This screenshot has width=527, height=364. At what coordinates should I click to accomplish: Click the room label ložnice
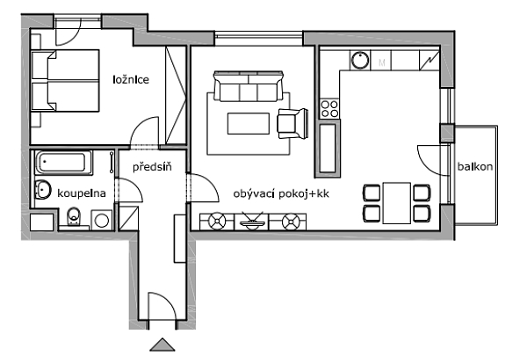tap(131, 80)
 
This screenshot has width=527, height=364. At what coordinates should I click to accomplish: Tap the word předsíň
tap(152, 166)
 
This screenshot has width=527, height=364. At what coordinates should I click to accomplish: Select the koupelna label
tap(82, 193)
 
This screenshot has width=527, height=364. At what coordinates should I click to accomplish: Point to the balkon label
tap(475, 166)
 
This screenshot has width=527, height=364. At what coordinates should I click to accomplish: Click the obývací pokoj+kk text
tap(281, 193)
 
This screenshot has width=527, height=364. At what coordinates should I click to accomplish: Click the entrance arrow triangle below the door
tap(162, 345)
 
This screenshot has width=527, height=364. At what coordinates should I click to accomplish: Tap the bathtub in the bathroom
tap(64, 163)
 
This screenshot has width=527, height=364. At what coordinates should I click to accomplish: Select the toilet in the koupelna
tap(74, 216)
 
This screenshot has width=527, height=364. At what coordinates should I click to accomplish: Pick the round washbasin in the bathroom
tap(43, 189)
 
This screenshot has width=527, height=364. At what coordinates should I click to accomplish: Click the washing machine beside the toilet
tap(102, 221)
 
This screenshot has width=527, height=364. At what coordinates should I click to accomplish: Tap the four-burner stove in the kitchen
tap(329, 109)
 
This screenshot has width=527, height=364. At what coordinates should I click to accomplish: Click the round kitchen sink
tap(360, 60)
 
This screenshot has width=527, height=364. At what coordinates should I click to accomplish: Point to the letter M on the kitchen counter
tap(382, 62)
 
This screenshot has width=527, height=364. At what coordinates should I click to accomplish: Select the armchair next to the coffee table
tap(292, 123)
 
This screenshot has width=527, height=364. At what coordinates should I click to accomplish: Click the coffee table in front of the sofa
tap(249, 124)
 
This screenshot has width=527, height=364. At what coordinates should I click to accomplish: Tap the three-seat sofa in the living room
tap(249, 86)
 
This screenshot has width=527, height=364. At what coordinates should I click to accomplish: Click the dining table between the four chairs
tap(397, 203)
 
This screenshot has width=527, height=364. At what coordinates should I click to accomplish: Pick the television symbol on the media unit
tap(251, 221)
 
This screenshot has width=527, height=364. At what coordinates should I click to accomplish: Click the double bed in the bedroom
tap(65, 81)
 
